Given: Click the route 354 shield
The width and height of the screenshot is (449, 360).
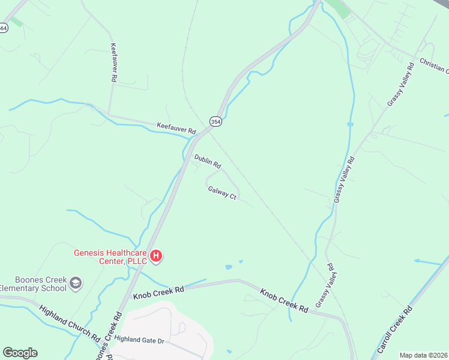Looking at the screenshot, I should [x=215, y=121].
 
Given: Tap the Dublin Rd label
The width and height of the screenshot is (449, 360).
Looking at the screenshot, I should [x=208, y=161].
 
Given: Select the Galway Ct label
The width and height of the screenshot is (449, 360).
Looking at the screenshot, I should [x=222, y=193].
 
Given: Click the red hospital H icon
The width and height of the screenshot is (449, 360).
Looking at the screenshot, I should [x=156, y=256].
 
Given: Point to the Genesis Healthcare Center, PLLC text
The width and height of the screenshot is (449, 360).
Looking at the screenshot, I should [x=110, y=257].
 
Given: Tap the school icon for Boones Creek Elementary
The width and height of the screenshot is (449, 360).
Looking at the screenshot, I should [x=76, y=282].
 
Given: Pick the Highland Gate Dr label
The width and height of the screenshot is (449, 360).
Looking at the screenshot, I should [x=139, y=339].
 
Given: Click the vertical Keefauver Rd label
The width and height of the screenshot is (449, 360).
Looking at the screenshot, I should [x=113, y=62].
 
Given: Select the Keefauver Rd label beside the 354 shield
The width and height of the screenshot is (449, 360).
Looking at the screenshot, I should [x=176, y=127].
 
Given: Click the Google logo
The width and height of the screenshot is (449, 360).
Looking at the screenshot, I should [x=20, y=353].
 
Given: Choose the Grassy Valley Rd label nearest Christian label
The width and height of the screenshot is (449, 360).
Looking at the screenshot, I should [x=401, y=85].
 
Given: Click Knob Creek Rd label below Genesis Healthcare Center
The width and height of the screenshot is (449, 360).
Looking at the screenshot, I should [x=158, y=292].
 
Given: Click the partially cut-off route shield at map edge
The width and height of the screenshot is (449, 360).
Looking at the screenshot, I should [x=3, y=28].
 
